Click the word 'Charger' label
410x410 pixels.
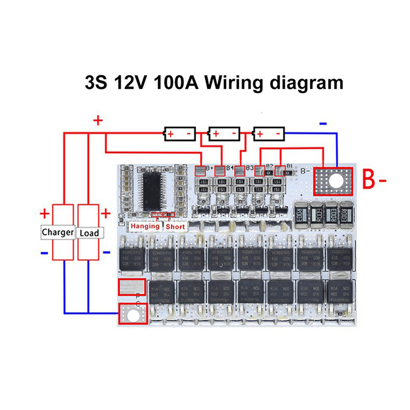[58, 232]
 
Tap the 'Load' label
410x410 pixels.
[89, 233]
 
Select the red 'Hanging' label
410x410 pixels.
[145, 226]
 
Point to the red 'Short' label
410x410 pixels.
[175, 226]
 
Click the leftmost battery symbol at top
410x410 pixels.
[179, 134]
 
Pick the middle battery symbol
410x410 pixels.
[223, 134]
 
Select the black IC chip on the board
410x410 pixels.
[152, 189]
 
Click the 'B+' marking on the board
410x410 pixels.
[210, 168]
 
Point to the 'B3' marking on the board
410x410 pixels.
[250, 168]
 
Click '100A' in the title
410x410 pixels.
[177, 82]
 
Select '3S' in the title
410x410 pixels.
[96, 82]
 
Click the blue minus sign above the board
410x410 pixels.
[323, 124]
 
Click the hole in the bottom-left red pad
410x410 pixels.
[133, 314]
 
